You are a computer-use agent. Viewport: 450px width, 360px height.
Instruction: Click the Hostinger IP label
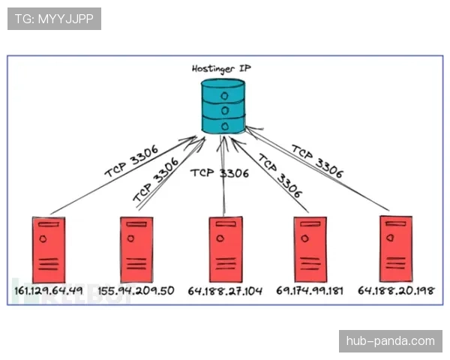[221, 69]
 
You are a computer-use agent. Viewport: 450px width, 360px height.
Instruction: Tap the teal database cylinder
[223, 106]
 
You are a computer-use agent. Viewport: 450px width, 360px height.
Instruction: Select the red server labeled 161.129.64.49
[49, 250]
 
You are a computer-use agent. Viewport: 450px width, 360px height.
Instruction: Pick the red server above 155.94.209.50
[136, 250]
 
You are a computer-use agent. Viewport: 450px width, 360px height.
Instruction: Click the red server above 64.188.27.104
[226, 250]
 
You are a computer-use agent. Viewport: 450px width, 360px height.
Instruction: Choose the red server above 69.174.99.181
[310, 250]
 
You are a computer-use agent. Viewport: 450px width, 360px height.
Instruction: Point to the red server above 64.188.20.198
[396, 249]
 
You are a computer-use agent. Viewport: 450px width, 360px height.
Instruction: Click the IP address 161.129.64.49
[49, 291]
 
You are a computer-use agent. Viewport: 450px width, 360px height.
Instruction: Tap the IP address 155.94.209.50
[136, 291]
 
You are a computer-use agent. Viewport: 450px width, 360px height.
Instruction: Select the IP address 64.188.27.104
[225, 291]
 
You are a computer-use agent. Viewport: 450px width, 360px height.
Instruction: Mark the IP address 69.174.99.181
[310, 291]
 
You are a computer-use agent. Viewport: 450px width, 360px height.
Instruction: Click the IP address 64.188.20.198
[396, 290]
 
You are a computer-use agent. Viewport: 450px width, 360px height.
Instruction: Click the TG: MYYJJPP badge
[54, 19]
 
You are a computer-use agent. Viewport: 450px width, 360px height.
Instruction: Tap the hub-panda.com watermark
[391, 341]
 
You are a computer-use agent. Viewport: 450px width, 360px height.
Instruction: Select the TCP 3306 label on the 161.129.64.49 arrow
[131, 161]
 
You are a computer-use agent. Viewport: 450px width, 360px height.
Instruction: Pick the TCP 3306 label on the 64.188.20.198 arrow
[317, 161]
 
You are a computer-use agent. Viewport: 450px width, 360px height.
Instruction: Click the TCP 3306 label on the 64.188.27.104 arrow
[220, 173]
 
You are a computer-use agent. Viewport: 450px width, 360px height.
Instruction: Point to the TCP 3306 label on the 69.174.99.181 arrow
[280, 175]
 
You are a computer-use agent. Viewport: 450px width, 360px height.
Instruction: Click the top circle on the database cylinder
[224, 96]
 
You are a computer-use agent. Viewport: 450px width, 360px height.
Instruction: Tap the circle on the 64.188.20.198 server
[390, 238]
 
